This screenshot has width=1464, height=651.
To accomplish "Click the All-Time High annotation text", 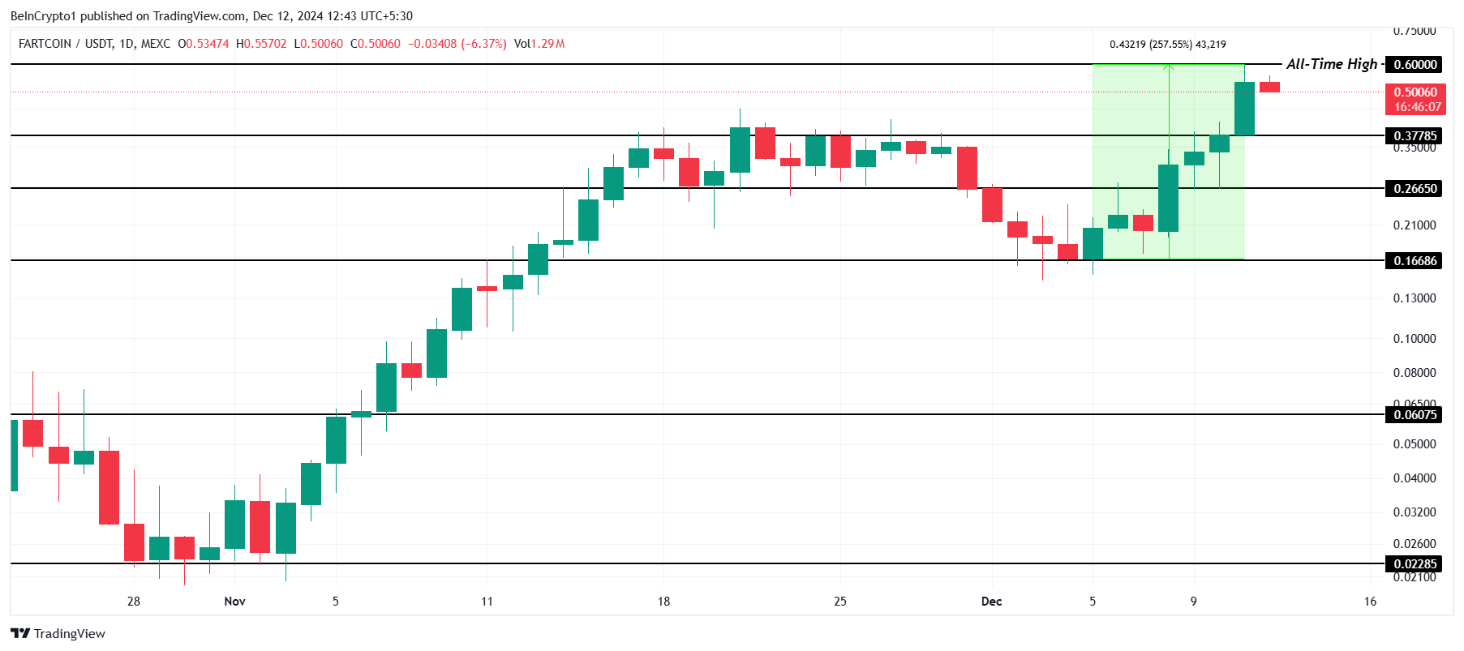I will coord(1331,64).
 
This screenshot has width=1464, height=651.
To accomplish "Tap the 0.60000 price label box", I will coord(1415,65).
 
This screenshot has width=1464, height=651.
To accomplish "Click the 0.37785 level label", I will coord(1415,136).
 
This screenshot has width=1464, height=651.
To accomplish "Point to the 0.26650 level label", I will coord(1415,189).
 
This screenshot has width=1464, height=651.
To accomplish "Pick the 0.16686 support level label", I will coord(1415,261).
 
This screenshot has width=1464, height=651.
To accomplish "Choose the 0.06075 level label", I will coord(1415,415).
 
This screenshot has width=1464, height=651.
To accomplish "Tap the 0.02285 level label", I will coord(1415,564).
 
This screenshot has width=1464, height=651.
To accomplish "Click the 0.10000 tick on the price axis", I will coord(1414,339).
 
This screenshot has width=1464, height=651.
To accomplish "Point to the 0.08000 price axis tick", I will coord(1414,373).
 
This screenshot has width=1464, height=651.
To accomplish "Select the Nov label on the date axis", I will coord(234,602).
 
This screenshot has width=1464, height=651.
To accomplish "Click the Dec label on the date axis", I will coord(991,602).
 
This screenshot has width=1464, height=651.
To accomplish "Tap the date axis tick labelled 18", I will coord(663,602).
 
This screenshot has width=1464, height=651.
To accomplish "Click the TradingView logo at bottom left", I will coord(58,634).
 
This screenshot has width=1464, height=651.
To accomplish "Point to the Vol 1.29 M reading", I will coord(539,44).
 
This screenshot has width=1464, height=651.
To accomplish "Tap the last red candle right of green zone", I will coord(1269,87).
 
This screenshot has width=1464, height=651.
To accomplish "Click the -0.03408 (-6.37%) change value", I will coord(457,44).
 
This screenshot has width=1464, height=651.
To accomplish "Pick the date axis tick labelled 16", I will coord(1370,602).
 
